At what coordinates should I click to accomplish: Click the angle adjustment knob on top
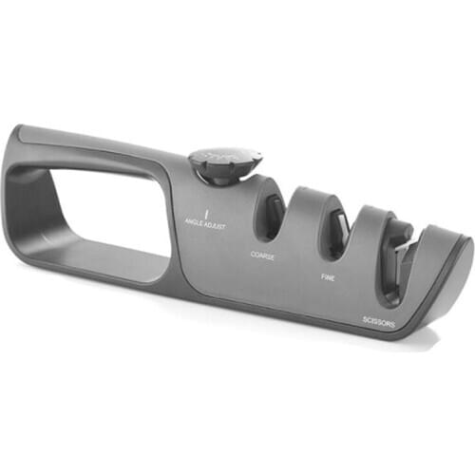(x=226, y=163)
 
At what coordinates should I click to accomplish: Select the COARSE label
(x=263, y=255)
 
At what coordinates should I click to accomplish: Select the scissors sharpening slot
(x=398, y=258)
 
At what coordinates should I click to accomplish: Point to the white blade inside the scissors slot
(x=406, y=248)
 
